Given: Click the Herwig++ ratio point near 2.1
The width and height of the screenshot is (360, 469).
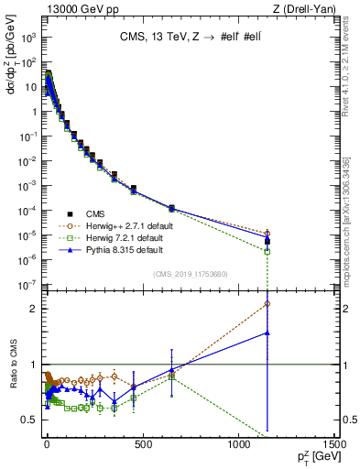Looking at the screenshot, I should click(267, 303).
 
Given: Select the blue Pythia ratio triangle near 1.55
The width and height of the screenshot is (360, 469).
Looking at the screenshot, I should click(267, 333).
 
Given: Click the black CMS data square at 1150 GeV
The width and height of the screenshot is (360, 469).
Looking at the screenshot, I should click(267, 242).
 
